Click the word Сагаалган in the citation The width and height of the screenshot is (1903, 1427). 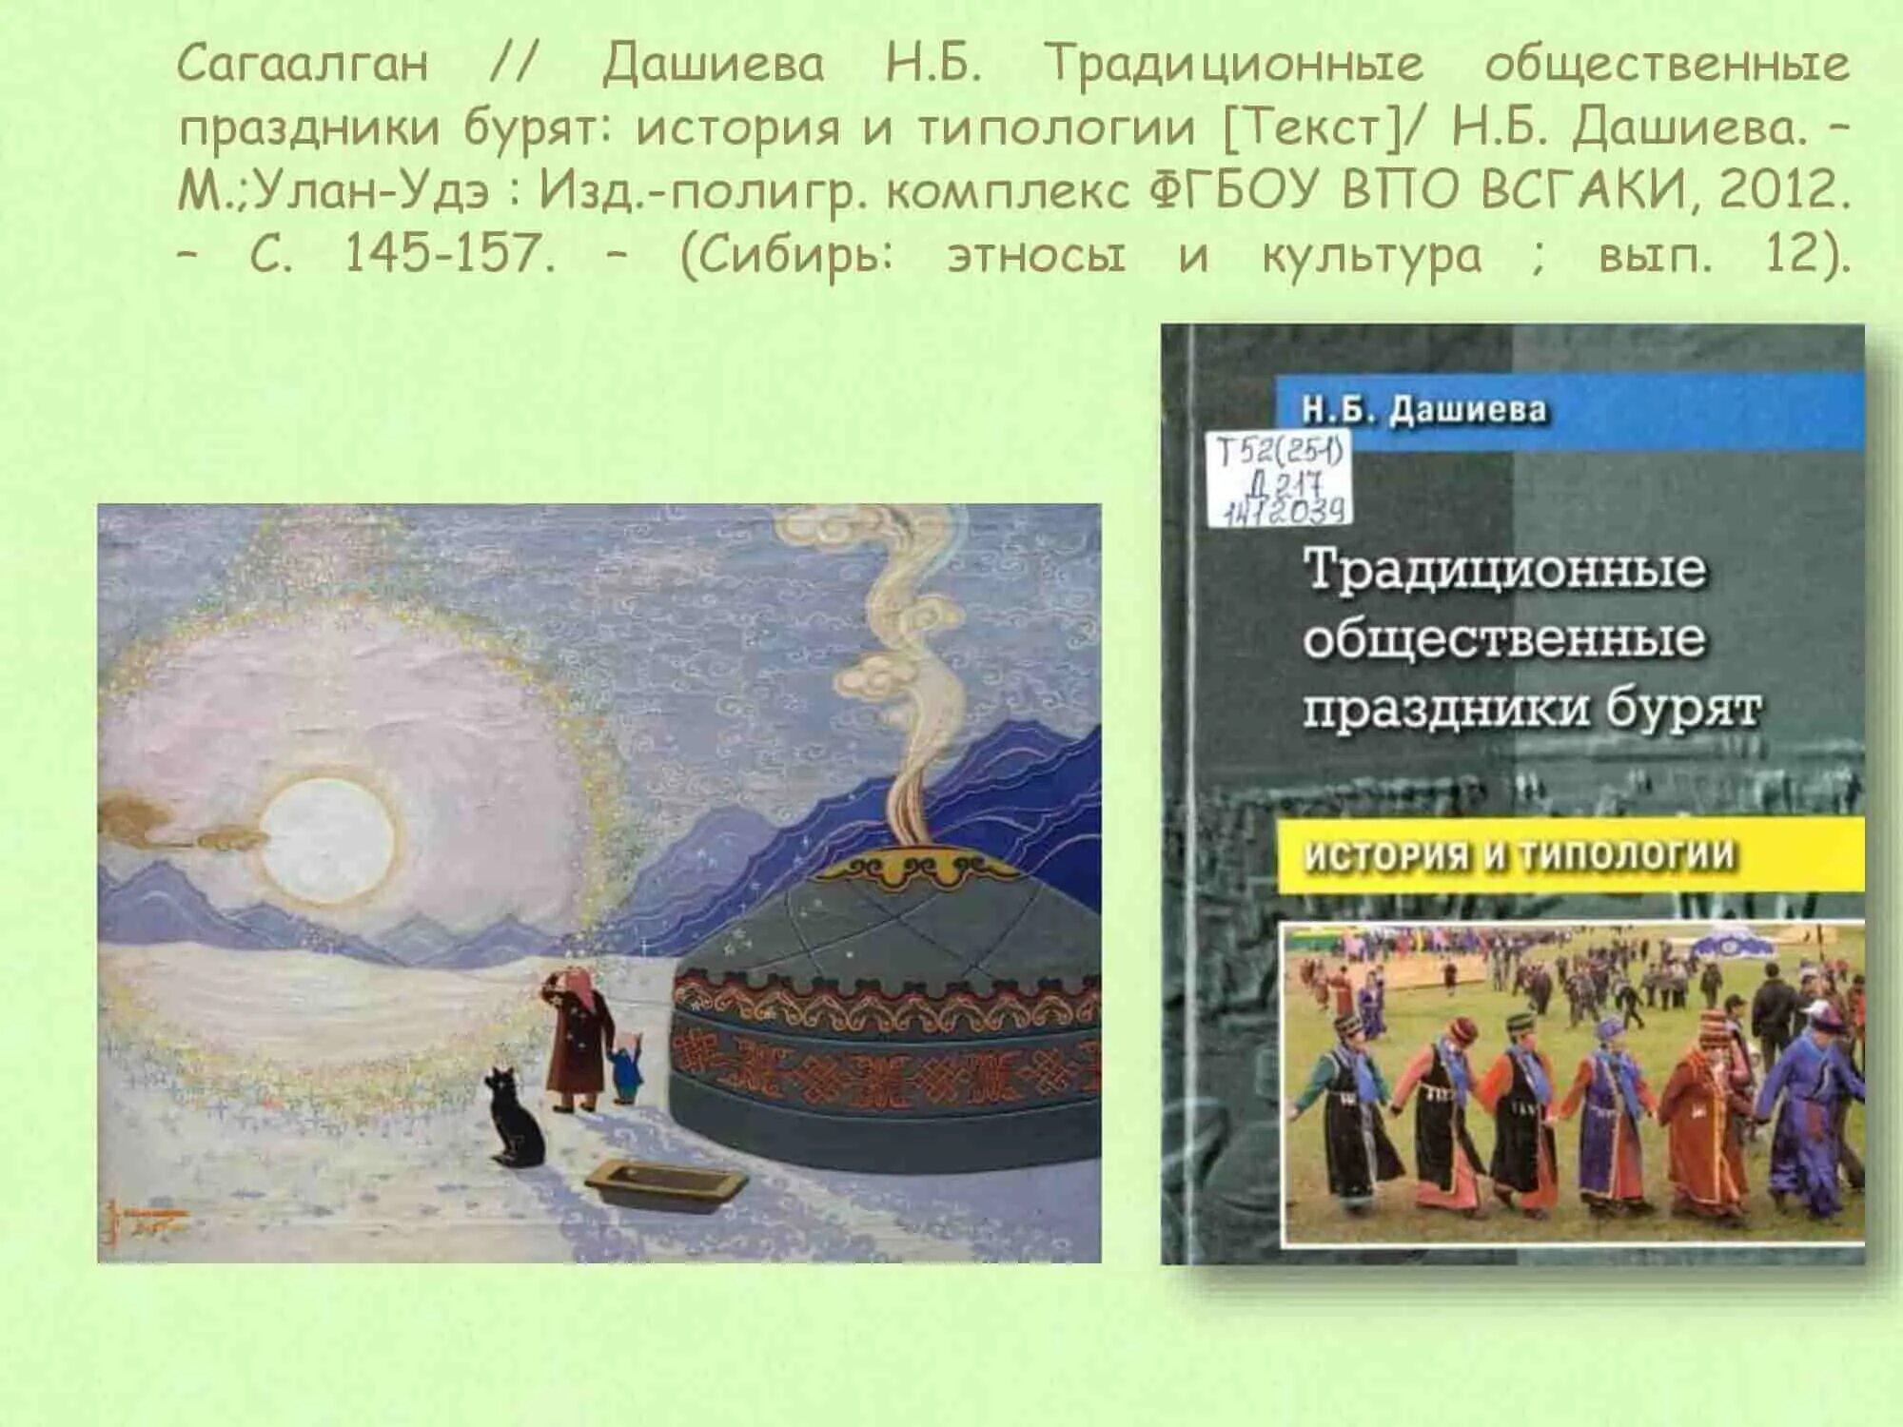303,65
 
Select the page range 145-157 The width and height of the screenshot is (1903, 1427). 449,254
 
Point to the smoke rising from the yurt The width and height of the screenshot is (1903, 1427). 904,666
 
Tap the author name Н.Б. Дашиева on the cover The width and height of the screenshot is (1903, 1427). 1423,410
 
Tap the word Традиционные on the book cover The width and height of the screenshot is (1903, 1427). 1503,569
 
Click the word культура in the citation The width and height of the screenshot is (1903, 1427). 1371,255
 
